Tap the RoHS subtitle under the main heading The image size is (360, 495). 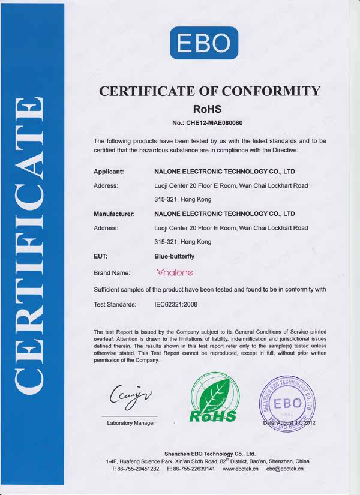point(208,109)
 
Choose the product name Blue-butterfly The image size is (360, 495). point(175,256)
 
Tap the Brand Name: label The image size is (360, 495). point(112,273)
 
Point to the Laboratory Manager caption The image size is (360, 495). point(131,424)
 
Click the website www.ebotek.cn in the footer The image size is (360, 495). point(240,469)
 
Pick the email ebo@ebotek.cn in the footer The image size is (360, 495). point(286,469)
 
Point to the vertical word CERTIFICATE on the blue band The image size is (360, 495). point(31,246)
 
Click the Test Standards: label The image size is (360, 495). point(116,305)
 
